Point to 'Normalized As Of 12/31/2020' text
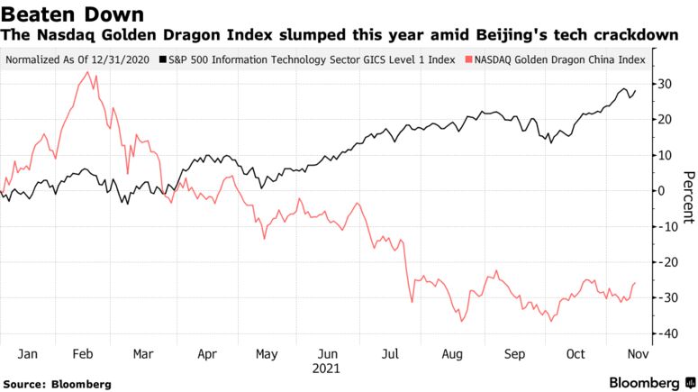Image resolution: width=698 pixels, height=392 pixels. point(77,60)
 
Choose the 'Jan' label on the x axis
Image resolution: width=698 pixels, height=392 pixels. point(28,354)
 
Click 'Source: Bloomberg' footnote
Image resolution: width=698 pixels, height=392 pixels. point(58,384)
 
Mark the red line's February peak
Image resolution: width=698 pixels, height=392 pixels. point(87,72)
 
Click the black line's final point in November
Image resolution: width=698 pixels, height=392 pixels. point(636,90)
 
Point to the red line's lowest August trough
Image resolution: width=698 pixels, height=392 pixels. point(461,322)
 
